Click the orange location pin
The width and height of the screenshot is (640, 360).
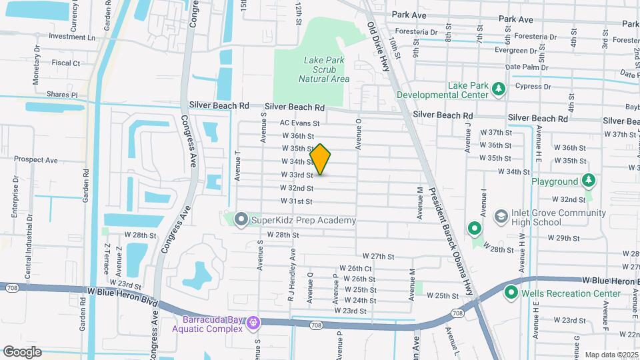click(x=321, y=159)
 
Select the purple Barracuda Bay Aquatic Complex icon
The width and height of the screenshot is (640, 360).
click(x=253, y=323)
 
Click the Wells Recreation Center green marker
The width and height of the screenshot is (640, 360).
click(x=512, y=293)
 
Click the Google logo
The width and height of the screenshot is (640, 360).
click(x=22, y=351)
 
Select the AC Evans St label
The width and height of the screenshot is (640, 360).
click(x=300, y=123)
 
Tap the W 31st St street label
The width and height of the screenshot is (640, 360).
click(x=297, y=201)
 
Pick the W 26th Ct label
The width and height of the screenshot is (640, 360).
click(x=355, y=269)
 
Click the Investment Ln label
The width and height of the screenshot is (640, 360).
click(x=72, y=37)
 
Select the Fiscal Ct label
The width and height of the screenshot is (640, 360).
click(x=66, y=63)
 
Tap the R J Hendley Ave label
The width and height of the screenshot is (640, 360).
click(x=291, y=276)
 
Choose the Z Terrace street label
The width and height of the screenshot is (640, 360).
click(x=106, y=259)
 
